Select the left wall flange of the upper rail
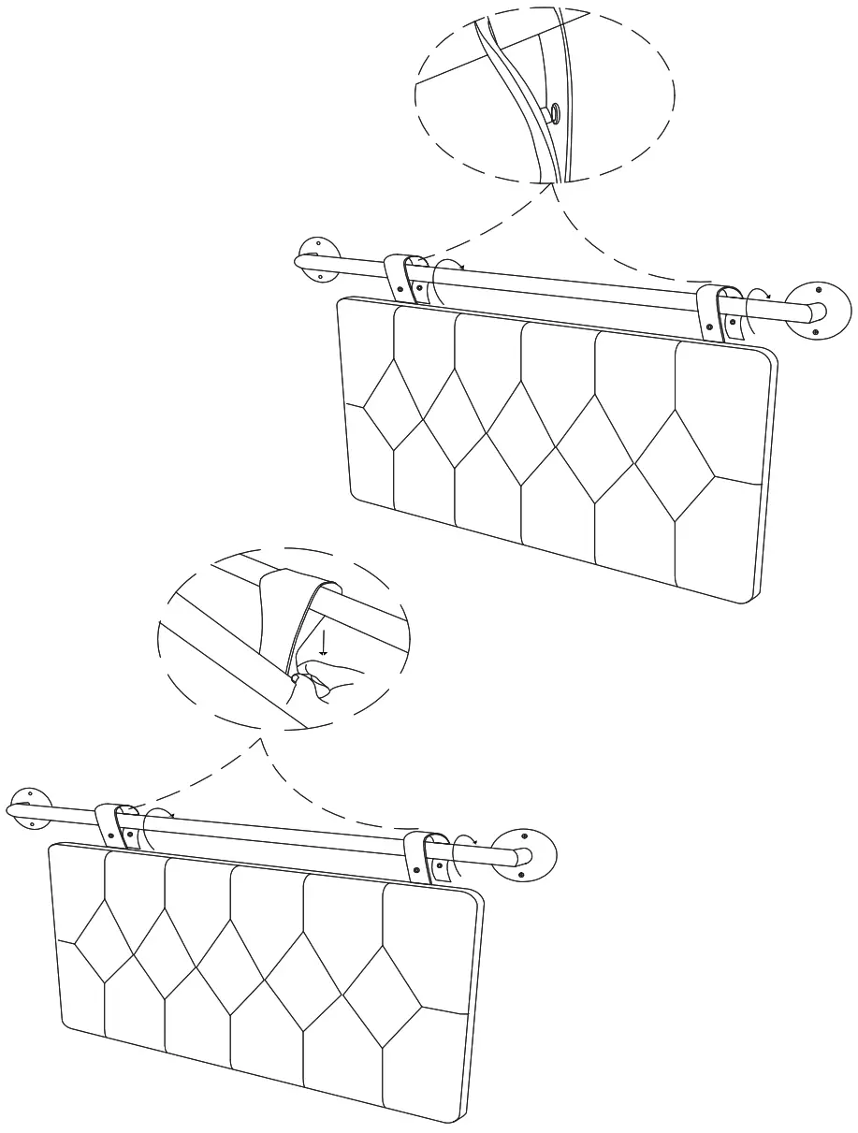pos(315,261)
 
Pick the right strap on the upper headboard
pos(721,312)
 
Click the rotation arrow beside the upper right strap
pos(756,309)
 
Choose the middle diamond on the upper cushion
pos(519,435)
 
